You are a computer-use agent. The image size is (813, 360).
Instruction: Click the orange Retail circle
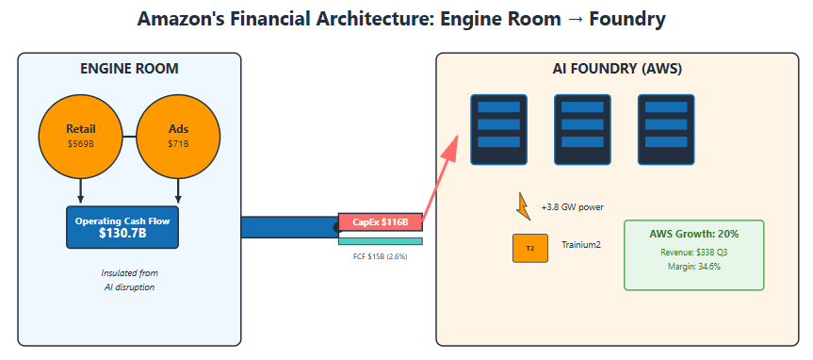point(80,137)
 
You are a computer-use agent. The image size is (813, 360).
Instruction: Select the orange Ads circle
point(178,137)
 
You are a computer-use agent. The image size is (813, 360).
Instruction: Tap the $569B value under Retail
point(80,143)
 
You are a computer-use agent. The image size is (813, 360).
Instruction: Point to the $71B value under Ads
point(178,143)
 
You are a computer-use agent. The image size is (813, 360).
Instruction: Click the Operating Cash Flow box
point(122,227)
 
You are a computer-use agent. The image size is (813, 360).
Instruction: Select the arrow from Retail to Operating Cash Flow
point(80,191)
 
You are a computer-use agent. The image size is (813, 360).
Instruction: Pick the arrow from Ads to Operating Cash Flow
point(178,191)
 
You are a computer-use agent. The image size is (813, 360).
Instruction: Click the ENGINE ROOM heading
point(129,69)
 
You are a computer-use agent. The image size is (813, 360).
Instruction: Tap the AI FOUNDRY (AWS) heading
point(617,69)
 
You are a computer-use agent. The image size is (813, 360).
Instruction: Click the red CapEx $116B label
point(380,222)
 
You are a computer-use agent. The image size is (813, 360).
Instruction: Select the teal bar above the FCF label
point(380,241)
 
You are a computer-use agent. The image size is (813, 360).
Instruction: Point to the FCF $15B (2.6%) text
point(380,256)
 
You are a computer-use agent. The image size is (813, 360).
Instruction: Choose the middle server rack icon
point(582,130)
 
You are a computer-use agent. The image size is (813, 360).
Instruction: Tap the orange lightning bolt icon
point(523,206)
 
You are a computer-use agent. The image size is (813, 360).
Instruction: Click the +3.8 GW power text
point(573,207)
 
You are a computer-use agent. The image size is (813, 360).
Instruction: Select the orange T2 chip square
point(529,248)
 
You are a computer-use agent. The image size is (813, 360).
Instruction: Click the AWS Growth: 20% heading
point(693,234)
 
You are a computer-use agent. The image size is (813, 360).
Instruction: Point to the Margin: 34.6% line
point(693,267)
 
